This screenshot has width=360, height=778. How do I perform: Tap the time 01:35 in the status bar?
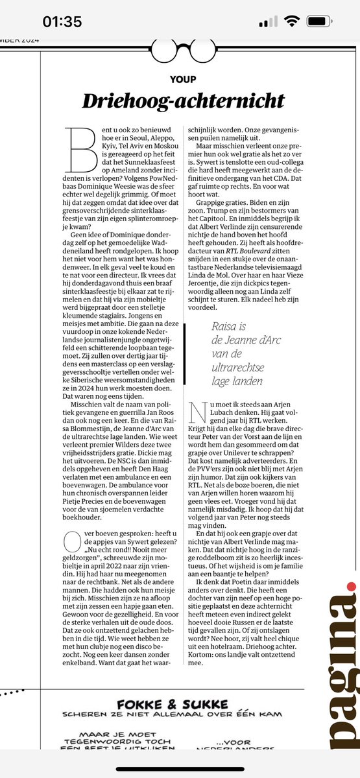click(62, 21)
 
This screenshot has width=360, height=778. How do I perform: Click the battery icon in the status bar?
click(320, 21)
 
